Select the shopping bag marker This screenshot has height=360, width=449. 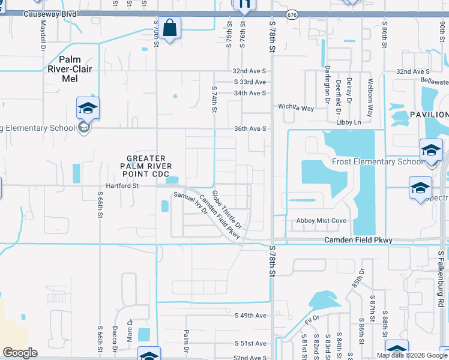tap(170, 28)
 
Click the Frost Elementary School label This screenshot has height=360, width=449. tap(377, 161)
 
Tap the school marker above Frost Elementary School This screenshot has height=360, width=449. tap(431, 150)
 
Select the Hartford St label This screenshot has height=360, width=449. tap(119, 186)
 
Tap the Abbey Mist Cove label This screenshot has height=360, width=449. tap(321, 221)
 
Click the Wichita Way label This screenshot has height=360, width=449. tap(295, 108)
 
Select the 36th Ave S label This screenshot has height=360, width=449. tap(249, 128)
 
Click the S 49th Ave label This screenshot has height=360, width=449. tap(250, 315)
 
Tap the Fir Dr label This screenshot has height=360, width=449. tap(312, 321)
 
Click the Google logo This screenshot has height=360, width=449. tap(20, 353)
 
